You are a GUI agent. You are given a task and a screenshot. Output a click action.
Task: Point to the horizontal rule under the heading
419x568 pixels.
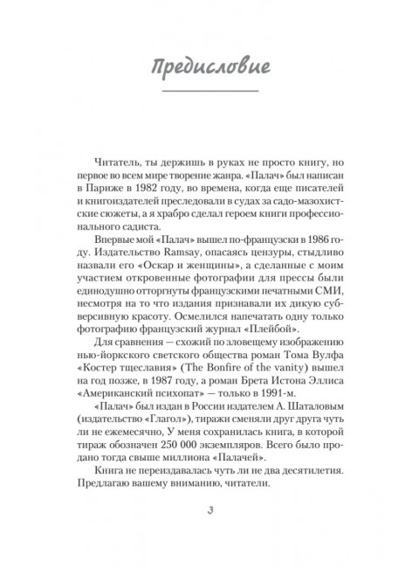click(209, 91)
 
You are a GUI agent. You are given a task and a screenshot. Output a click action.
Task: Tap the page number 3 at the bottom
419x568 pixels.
click(209, 511)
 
